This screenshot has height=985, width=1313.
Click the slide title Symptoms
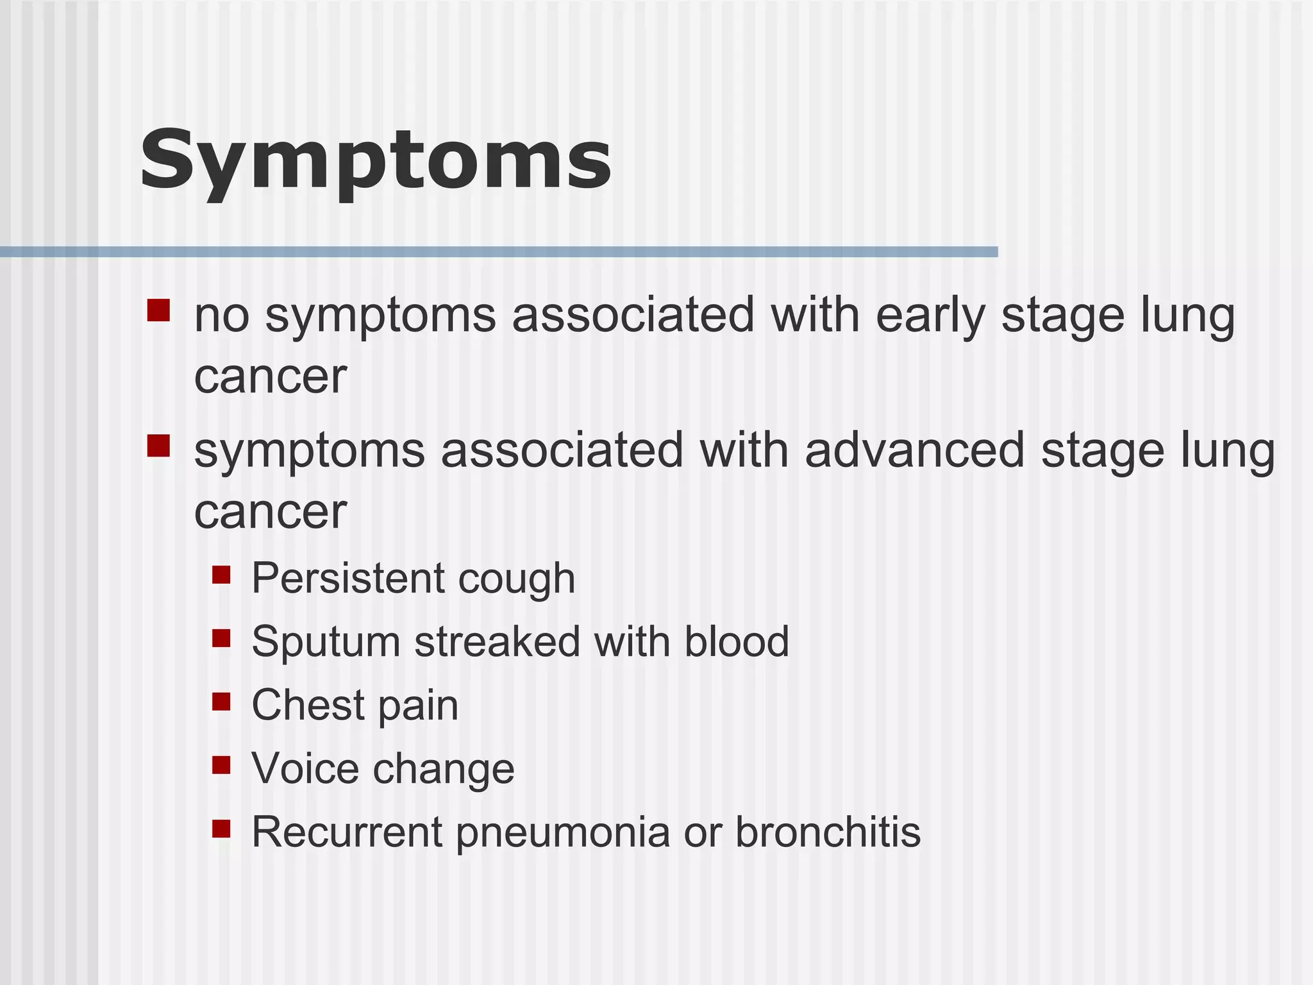tap(376, 160)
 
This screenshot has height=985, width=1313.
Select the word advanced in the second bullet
tap(915, 451)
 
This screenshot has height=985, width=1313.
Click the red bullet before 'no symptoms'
tap(158, 310)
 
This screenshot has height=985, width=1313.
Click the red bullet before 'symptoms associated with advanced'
tap(158, 446)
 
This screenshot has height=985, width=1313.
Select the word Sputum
tap(326, 643)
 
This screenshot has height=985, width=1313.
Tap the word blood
tap(737, 641)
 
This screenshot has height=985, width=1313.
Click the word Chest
tap(308, 705)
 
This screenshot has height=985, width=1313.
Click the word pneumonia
tap(563, 832)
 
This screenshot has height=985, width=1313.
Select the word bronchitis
tap(828, 832)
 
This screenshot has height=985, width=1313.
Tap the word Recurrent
tap(346, 832)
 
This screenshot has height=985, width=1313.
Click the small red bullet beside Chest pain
tap(221, 702)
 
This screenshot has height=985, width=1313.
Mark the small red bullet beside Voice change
tap(221, 765)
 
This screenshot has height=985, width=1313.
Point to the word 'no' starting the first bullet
tap(221, 316)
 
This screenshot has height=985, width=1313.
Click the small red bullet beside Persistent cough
tap(221, 575)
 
